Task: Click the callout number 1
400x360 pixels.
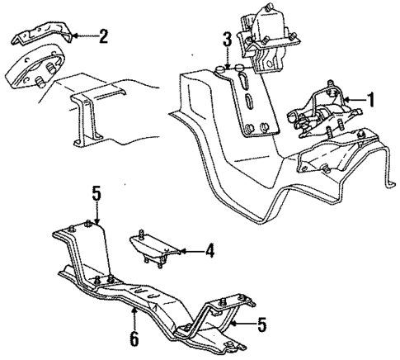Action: [370, 102]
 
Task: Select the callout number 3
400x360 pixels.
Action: [226, 38]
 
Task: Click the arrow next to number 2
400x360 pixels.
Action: [83, 36]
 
